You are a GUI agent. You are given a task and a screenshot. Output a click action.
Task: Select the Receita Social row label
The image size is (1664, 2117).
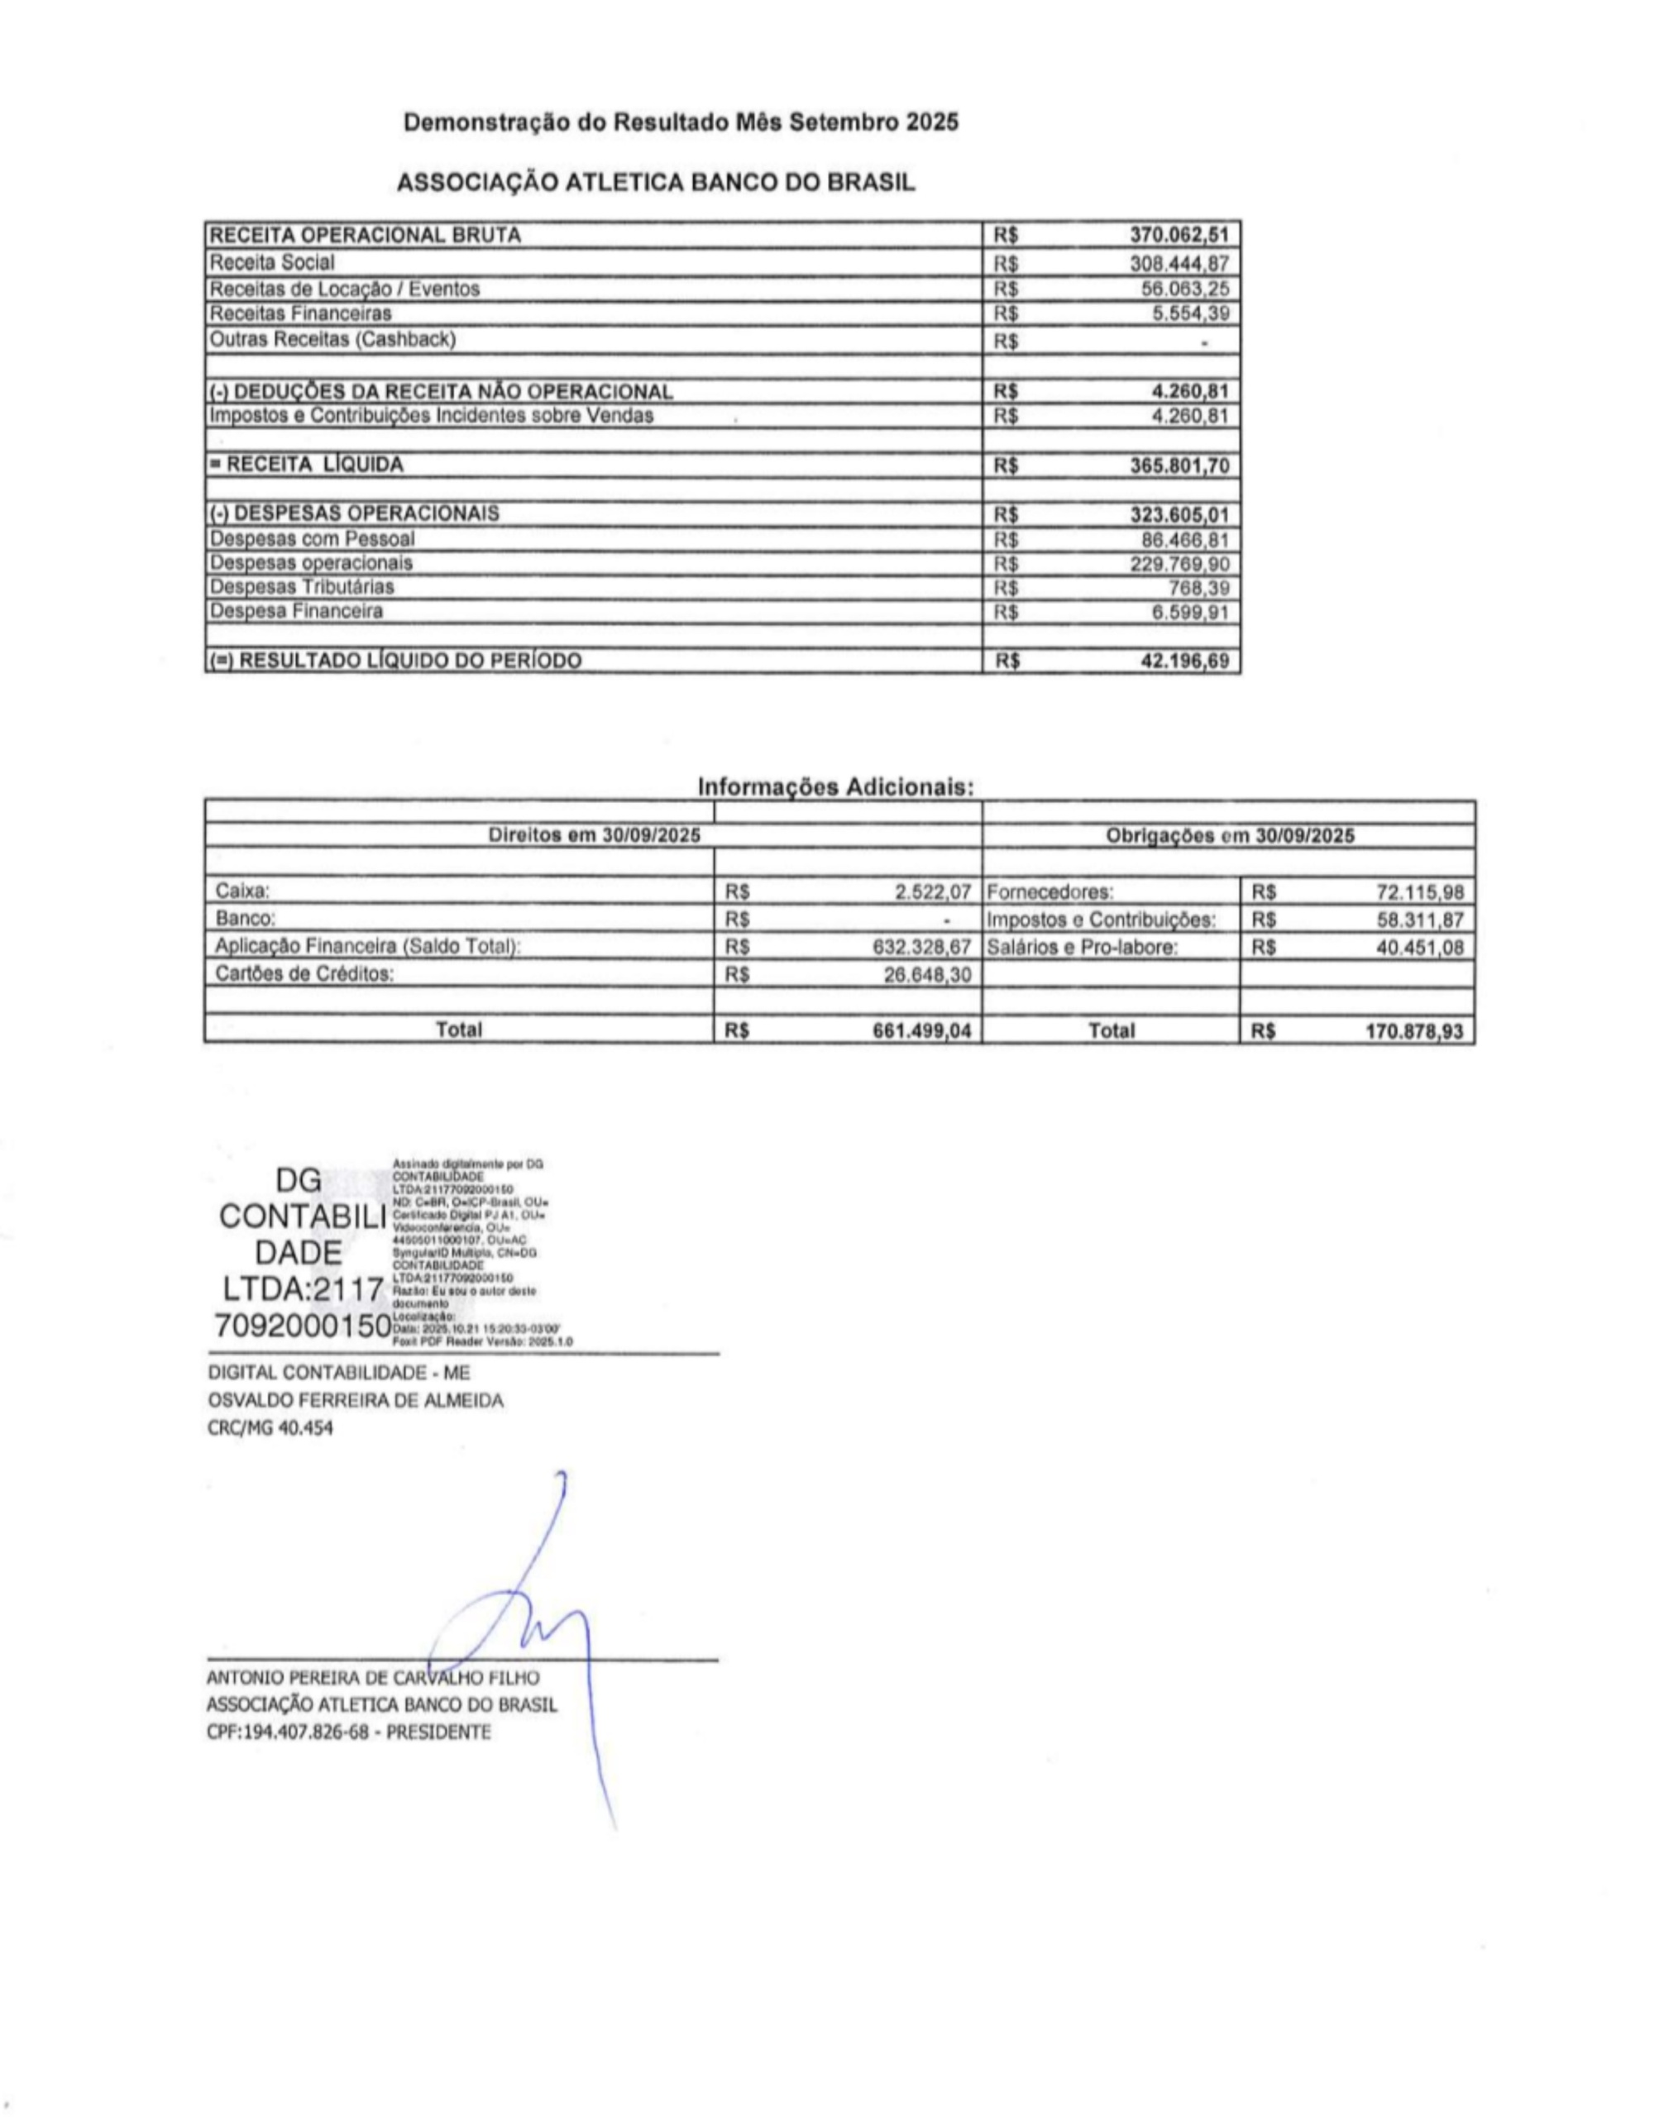pos(272,263)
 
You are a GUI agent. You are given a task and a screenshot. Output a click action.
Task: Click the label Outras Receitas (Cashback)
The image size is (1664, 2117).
pos(332,339)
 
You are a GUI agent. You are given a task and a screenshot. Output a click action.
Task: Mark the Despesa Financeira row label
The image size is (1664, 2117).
pos(296,612)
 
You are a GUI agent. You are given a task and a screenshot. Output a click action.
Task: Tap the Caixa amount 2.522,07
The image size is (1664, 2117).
pos(935,891)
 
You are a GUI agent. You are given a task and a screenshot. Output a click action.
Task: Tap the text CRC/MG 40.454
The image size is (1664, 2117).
pos(270,1429)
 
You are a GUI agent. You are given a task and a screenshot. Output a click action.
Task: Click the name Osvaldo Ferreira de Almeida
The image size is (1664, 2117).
pos(356,1401)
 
